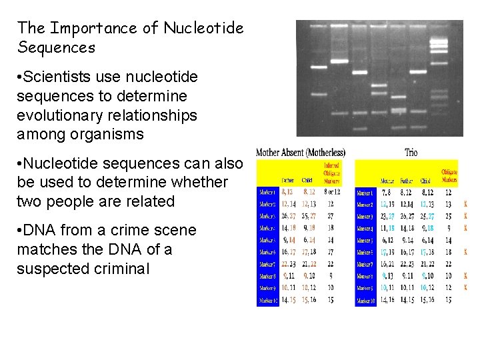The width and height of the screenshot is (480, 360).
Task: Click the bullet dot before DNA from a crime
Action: (21, 231)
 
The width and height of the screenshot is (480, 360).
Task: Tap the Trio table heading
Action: (411, 153)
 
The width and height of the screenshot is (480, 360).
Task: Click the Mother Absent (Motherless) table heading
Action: (301, 153)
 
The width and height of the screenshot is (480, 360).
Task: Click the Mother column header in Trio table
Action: (387, 180)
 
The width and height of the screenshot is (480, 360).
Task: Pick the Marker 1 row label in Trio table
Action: (365, 192)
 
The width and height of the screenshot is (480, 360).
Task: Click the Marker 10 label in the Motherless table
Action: (267, 301)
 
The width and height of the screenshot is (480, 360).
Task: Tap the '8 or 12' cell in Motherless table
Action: (331, 192)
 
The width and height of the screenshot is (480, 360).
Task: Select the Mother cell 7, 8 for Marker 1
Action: (387, 192)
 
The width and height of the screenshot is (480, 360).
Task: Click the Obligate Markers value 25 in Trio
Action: (448, 216)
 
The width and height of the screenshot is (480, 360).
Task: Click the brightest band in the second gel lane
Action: (339, 61)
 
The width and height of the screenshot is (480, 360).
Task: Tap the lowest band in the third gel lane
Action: (359, 129)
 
